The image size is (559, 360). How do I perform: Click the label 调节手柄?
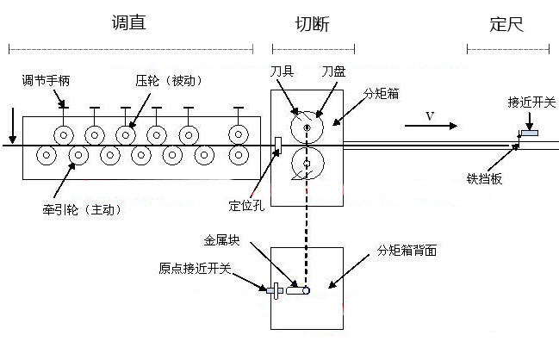(x=52, y=82)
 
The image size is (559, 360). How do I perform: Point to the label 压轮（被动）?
(x=168, y=81)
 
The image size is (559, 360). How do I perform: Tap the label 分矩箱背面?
(x=413, y=251)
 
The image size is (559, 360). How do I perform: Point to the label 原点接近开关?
(x=196, y=269)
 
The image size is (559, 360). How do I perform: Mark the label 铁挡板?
(x=484, y=180)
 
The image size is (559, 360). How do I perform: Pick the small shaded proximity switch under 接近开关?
(x=528, y=133)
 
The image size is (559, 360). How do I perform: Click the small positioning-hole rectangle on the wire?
(x=277, y=146)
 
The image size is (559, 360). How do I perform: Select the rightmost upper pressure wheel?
(x=239, y=134)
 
